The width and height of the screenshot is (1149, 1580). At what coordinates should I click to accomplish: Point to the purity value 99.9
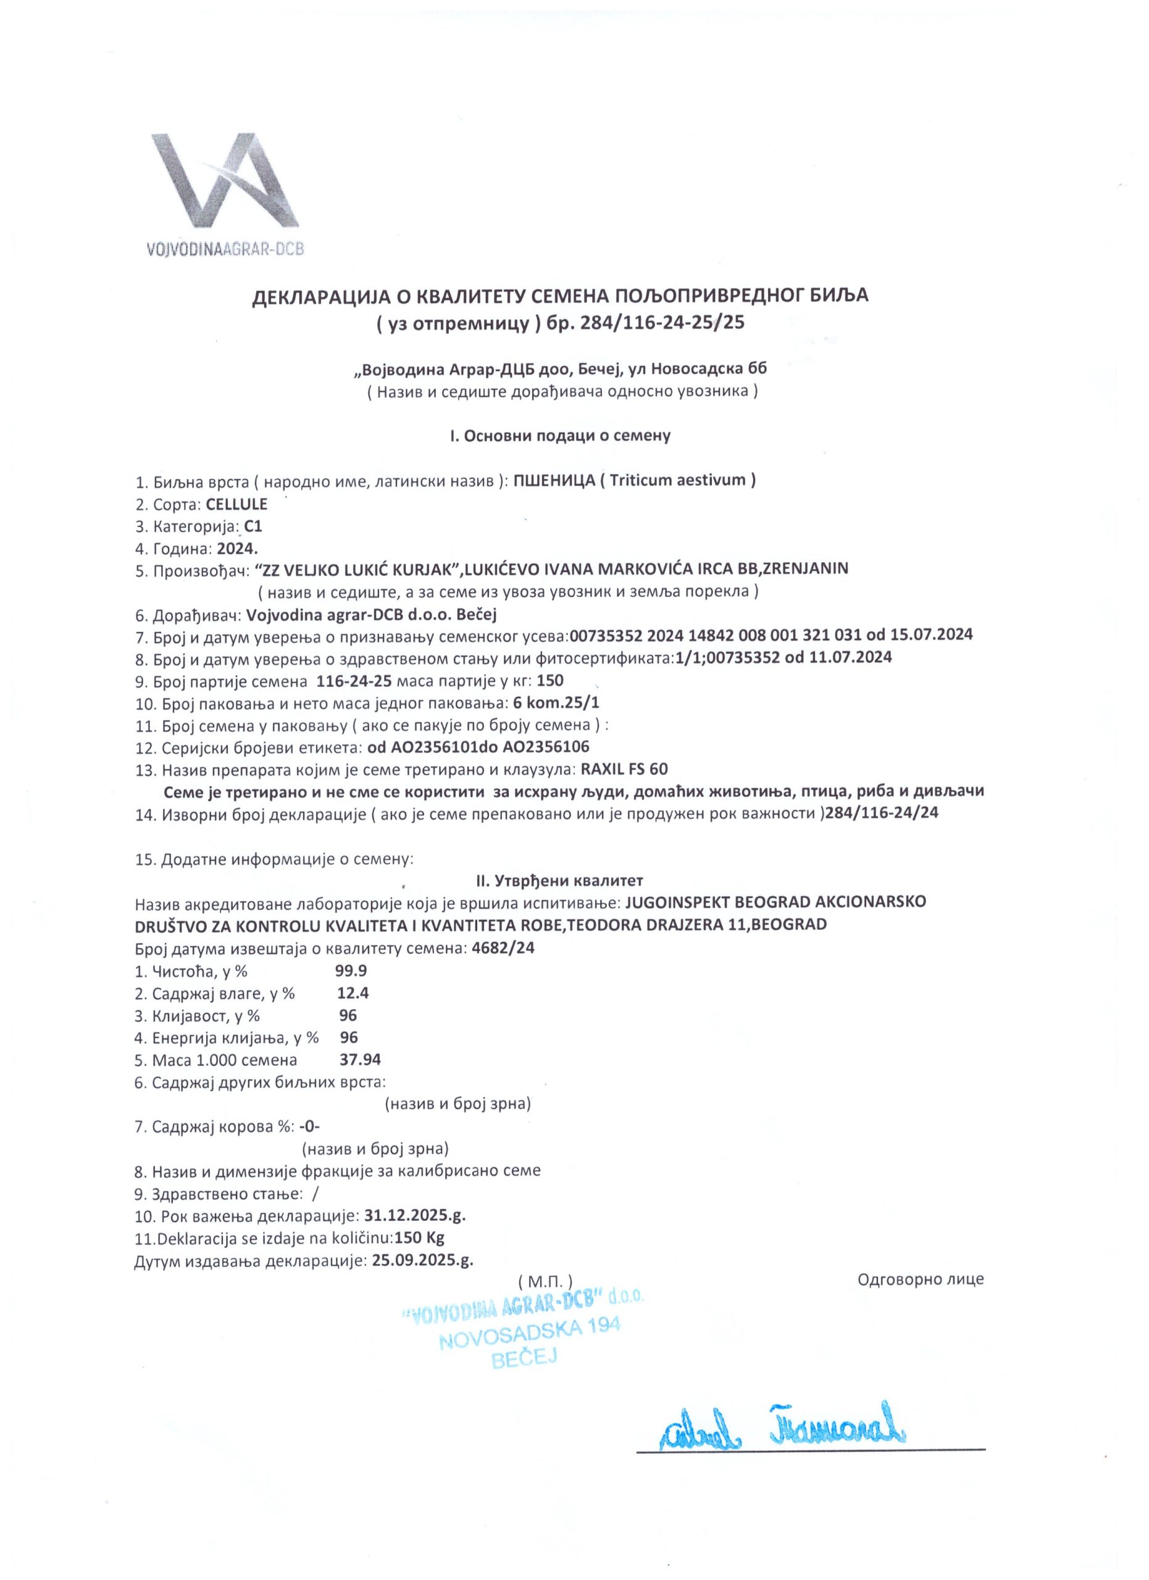point(351,970)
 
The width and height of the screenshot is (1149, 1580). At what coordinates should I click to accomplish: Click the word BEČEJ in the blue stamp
point(525,1357)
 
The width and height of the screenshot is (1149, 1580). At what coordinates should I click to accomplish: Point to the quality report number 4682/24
point(503,948)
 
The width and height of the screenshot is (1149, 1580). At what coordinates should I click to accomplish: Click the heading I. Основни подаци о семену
point(559,436)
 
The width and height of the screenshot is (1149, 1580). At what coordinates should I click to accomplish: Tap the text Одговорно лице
point(921,1279)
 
